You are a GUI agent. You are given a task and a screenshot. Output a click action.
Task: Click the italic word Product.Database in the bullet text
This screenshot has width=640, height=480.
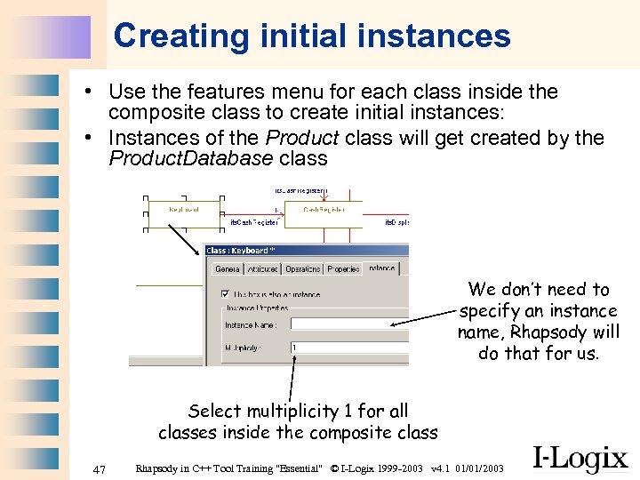coord(190,159)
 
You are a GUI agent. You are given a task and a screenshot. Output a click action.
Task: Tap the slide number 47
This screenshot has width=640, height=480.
coord(100,468)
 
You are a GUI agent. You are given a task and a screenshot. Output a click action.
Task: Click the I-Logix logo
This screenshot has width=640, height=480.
coord(580,458)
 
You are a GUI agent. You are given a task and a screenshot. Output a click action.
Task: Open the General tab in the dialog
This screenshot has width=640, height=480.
coord(228,268)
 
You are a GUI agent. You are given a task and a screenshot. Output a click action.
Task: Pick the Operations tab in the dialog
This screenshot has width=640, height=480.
coord(302,268)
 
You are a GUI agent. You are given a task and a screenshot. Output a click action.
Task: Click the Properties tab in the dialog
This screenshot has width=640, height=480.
coord(342,268)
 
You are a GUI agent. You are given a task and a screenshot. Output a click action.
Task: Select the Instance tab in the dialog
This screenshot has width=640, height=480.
coord(381,268)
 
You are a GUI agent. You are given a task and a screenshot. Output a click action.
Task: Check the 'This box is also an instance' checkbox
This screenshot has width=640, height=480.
coord(225,293)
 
